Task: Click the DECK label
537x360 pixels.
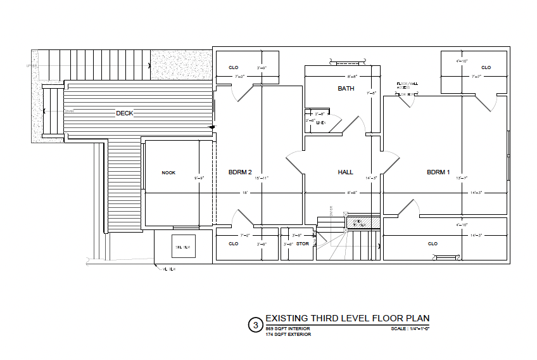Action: coord(124,113)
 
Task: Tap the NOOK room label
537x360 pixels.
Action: coord(168,172)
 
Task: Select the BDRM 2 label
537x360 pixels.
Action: coord(240,172)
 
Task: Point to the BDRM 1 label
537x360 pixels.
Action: coord(438,172)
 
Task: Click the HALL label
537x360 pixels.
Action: coord(345,172)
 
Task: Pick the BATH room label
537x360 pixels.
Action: coord(346,89)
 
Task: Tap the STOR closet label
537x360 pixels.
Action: coord(302,243)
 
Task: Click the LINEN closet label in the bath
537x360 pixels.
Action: coord(320,123)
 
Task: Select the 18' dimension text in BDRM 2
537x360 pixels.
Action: coord(244,192)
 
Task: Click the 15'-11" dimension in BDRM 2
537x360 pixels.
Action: coord(262,179)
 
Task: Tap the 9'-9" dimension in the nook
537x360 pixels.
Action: coord(199,179)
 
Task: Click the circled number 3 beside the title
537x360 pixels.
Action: coord(255,325)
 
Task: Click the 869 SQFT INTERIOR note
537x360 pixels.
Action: coord(287,329)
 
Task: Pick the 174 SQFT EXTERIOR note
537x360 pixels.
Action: coord(288,335)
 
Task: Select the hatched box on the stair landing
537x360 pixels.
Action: coord(363,223)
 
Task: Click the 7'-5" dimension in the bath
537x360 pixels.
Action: coord(372,93)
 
